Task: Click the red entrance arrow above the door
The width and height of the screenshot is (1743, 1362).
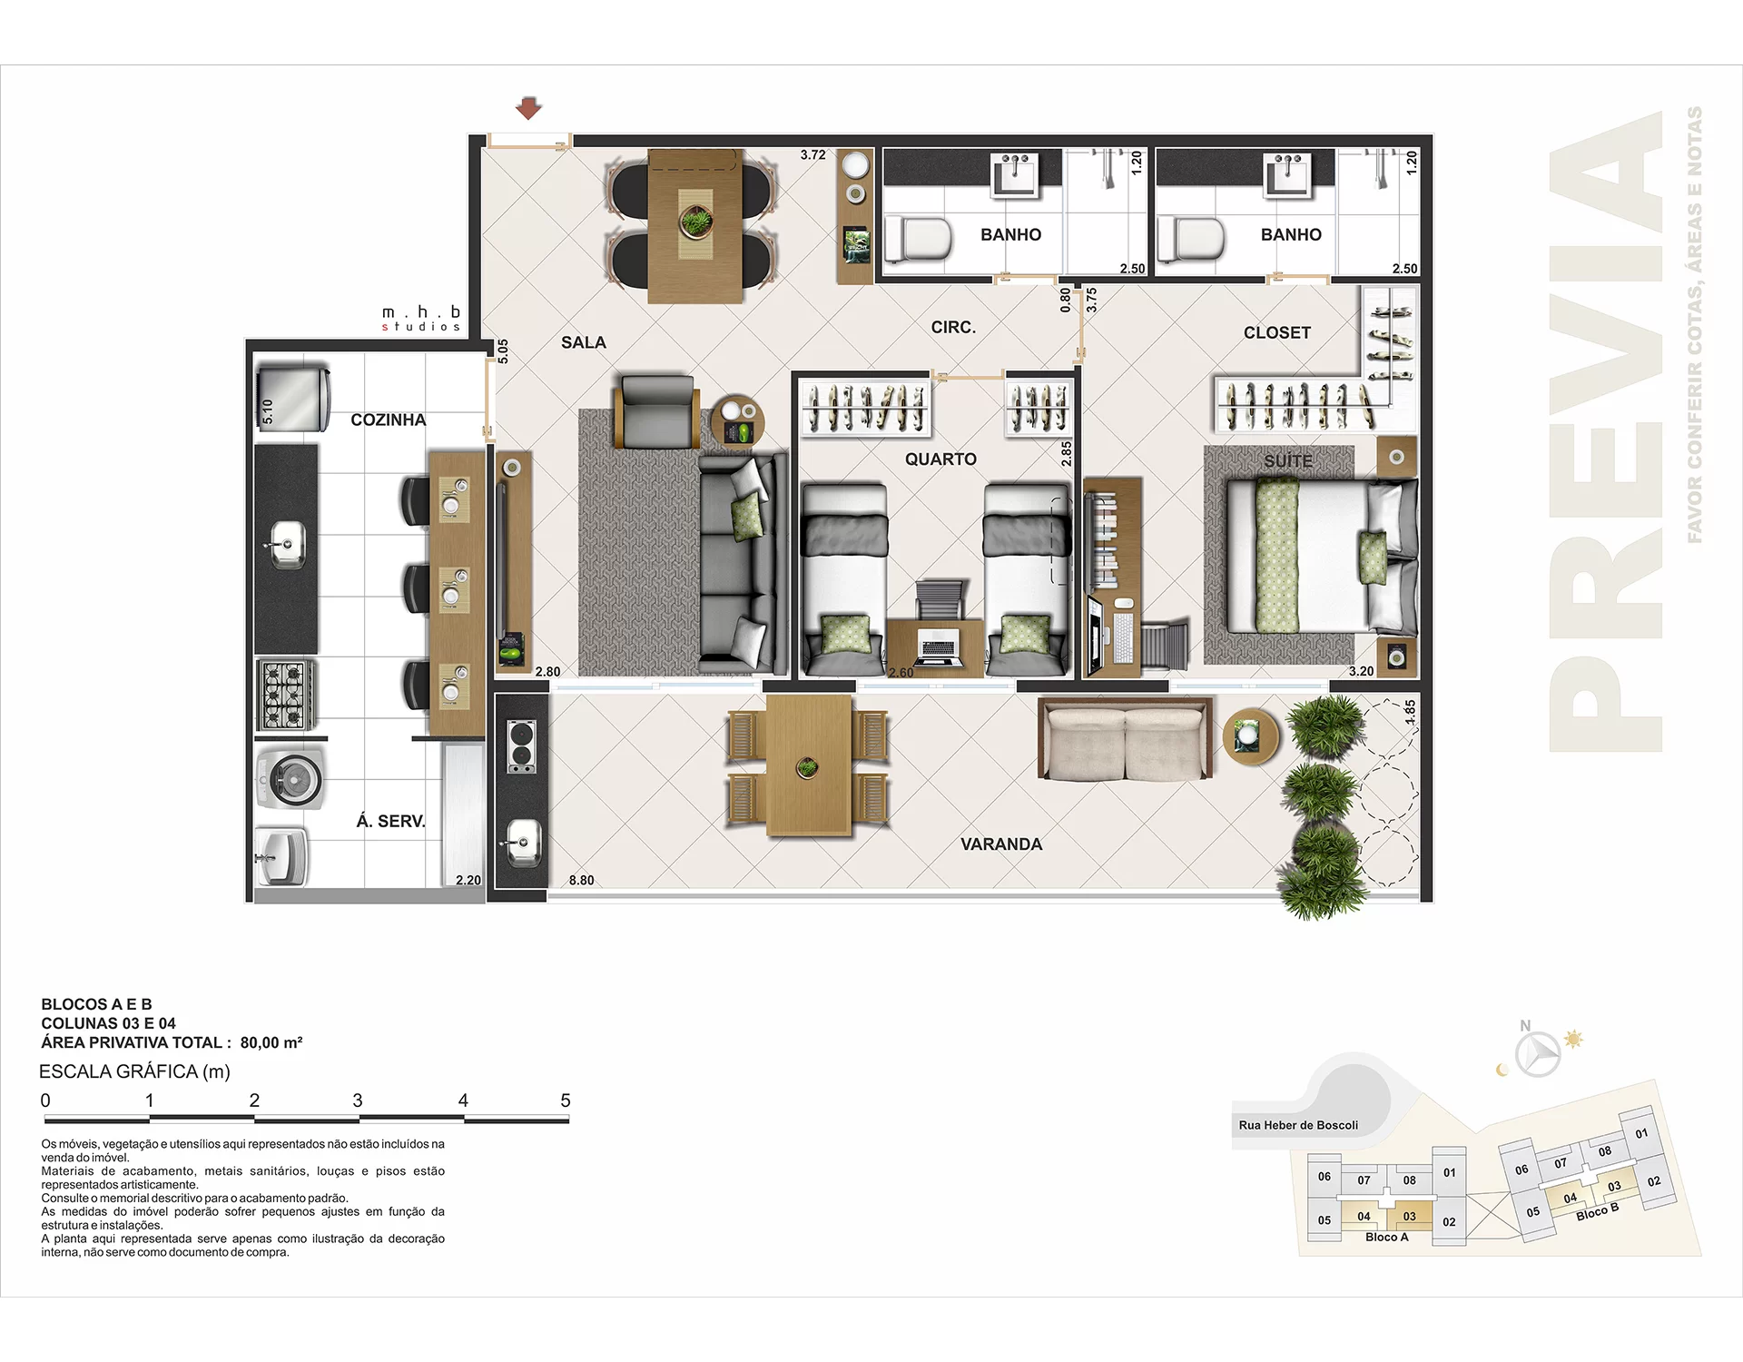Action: pos(528,109)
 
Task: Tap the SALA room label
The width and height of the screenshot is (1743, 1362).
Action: pos(583,342)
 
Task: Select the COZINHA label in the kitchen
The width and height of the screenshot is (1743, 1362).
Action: pos(388,419)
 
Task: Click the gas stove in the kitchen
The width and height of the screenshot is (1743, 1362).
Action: pos(286,695)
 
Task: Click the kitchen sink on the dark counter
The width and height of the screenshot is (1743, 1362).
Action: pos(288,545)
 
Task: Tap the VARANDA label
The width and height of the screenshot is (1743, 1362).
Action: pos(1000,844)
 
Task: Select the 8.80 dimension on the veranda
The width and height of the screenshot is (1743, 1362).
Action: pos(581,880)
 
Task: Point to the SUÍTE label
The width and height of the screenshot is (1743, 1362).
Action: pos(1287,461)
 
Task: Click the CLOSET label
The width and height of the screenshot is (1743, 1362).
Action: pos(1276,333)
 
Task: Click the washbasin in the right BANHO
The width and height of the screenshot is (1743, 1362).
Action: pos(1287,173)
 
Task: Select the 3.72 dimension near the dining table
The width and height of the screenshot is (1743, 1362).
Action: pos(812,155)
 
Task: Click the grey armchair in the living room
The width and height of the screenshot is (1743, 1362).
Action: pos(656,413)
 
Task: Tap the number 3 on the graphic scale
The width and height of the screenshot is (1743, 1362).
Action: pos(358,1100)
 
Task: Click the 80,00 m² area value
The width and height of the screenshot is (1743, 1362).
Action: pos(271,1042)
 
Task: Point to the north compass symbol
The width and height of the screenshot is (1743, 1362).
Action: pos(1538,1053)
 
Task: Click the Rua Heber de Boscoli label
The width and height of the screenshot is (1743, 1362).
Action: pos(1297,1125)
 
